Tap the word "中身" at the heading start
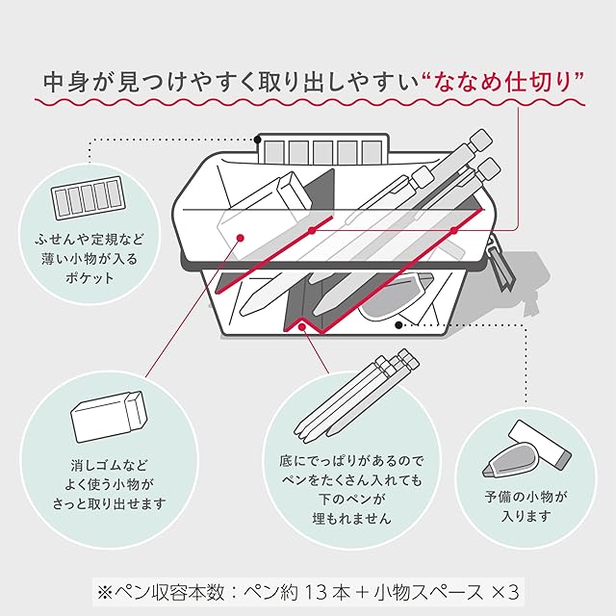pyautogui.click(x=64, y=83)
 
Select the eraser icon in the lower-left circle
pyautogui.click(x=109, y=416)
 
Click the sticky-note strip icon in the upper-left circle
pyautogui.click(x=88, y=197)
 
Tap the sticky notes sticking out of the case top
pyautogui.click(x=323, y=148)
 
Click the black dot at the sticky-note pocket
pyautogui.click(x=257, y=139)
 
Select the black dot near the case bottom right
pyautogui.click(x=398, y=325)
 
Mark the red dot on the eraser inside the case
pyautogui.click(x=241, y=238)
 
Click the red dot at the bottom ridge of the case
pyautogui.click(x=301, y=326)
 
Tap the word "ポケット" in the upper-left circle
pyautogui.click(x=90, y=278)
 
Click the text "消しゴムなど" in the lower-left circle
pyautogui.click(x=109, y=465)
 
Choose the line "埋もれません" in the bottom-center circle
pyautogui.click(x=351, y=519)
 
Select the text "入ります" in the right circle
pyautogui.click(x=526, y=516)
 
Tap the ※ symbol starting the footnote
pyautogui.click(x=105, y=593)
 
